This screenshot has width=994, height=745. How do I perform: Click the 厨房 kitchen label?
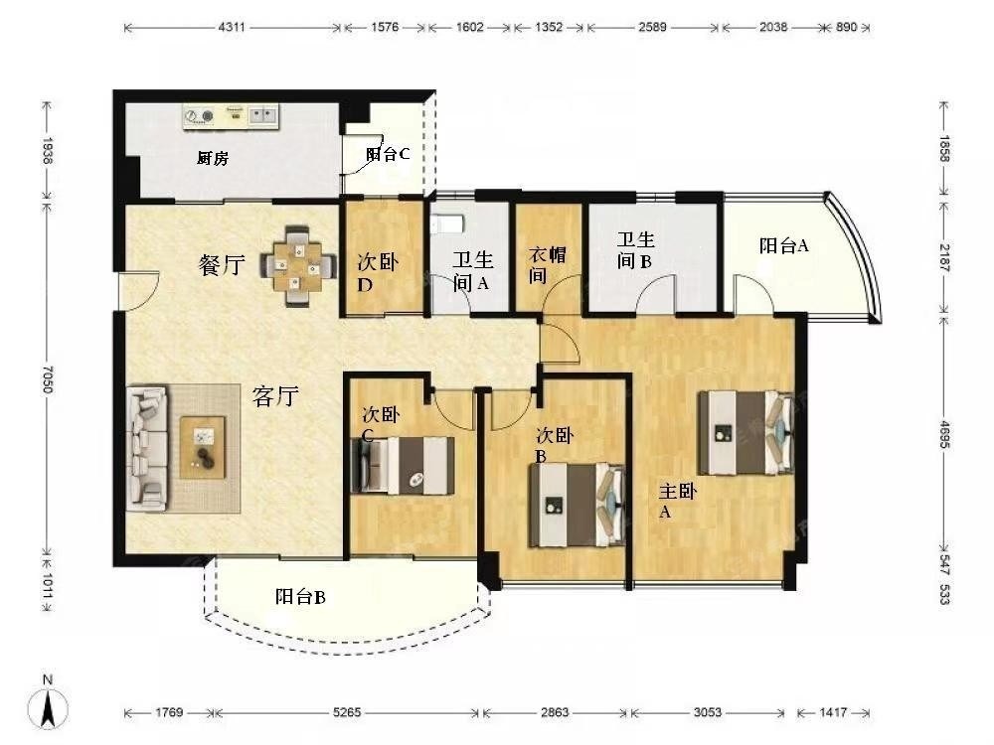click(x=213, y=158)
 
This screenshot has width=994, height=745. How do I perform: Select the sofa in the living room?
click(x=147, y=449)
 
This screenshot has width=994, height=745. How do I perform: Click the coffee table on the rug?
click(x=202, y=447)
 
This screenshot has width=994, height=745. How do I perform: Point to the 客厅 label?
click(x=275, y=396)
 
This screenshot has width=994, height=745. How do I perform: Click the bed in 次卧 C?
click(x=403, y=465)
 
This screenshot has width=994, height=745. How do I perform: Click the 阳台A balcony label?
click(x=784, y=245)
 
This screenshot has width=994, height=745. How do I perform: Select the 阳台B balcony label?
click(x=300, y=597)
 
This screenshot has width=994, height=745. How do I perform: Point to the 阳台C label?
click(x=388, y=154)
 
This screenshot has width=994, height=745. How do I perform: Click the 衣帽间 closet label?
click(x=548, y=265)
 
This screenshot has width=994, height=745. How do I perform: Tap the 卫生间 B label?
click(x=636, y=250)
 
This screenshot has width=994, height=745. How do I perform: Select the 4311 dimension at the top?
click(x=232, y=27)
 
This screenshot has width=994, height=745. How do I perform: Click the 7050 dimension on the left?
click(x=48, y=378)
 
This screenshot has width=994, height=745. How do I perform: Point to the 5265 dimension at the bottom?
click(x=347, y=712)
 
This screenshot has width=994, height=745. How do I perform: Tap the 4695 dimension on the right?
click(x=944, y=435)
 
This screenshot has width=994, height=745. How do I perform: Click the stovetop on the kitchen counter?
click(x=199, y=116)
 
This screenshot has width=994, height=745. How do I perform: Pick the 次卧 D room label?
click(x=378, y=273)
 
